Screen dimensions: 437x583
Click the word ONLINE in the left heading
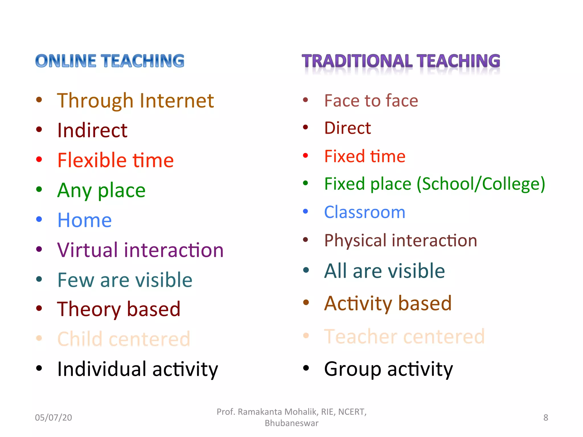click(x=66, y=61)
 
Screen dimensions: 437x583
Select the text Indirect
click(x=92, y=130)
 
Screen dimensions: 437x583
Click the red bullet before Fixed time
click(x=305, y=156)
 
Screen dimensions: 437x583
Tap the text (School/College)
click(x=481, y=184)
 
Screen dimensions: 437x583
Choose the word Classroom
click(x=365, y=212)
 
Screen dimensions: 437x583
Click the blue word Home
click(x=85, y=220)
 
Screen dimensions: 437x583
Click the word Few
click(x=76, y=280)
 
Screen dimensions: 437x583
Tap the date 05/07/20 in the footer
click(x=54, y=417)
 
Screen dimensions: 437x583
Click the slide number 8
click(x=545, y=417)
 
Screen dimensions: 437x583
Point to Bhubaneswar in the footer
click(x=291, y=423)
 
